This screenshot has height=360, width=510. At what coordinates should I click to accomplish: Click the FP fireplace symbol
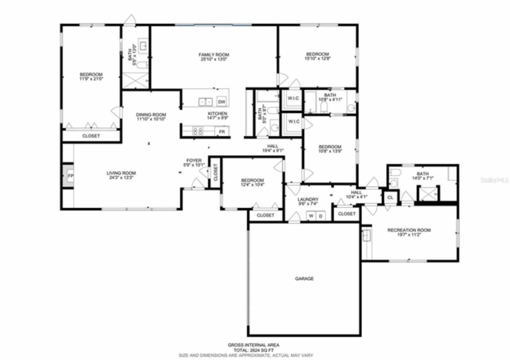click(x=70, y=176)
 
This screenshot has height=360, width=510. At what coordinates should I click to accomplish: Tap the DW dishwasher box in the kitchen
click(x=222, y=102)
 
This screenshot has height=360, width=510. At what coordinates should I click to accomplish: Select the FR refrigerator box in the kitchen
click(x=222, y=131)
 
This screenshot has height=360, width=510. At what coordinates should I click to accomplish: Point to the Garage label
click(x=304, y=279)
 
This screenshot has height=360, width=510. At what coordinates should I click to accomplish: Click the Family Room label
click(x=214, y=55)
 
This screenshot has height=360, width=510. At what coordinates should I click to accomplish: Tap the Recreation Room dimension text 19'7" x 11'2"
click(x=409, y=235)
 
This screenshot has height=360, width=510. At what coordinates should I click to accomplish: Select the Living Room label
click(x=121, y=173)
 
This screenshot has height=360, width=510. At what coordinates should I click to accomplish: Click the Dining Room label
click(x=151, y=115)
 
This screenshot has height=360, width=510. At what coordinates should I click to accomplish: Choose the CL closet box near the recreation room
click(x=390, y=197)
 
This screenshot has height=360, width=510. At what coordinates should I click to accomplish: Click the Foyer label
click(x=194, y=160)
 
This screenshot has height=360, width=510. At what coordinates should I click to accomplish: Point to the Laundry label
click(x=308, y=200)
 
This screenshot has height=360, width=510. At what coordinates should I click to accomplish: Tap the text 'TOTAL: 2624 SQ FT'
click(x=253, y=350)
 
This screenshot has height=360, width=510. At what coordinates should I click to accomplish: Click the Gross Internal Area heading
click(x=253, y=345)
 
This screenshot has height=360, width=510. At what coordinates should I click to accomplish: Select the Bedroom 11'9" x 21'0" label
click(x=91, y=74)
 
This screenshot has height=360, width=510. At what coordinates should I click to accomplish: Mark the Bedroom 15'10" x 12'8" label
click(x=318, y=54)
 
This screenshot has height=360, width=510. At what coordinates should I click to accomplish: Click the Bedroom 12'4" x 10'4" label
click(x=252, y=180)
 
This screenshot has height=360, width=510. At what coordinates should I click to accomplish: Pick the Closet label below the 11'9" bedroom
click(x=91, y=136)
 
